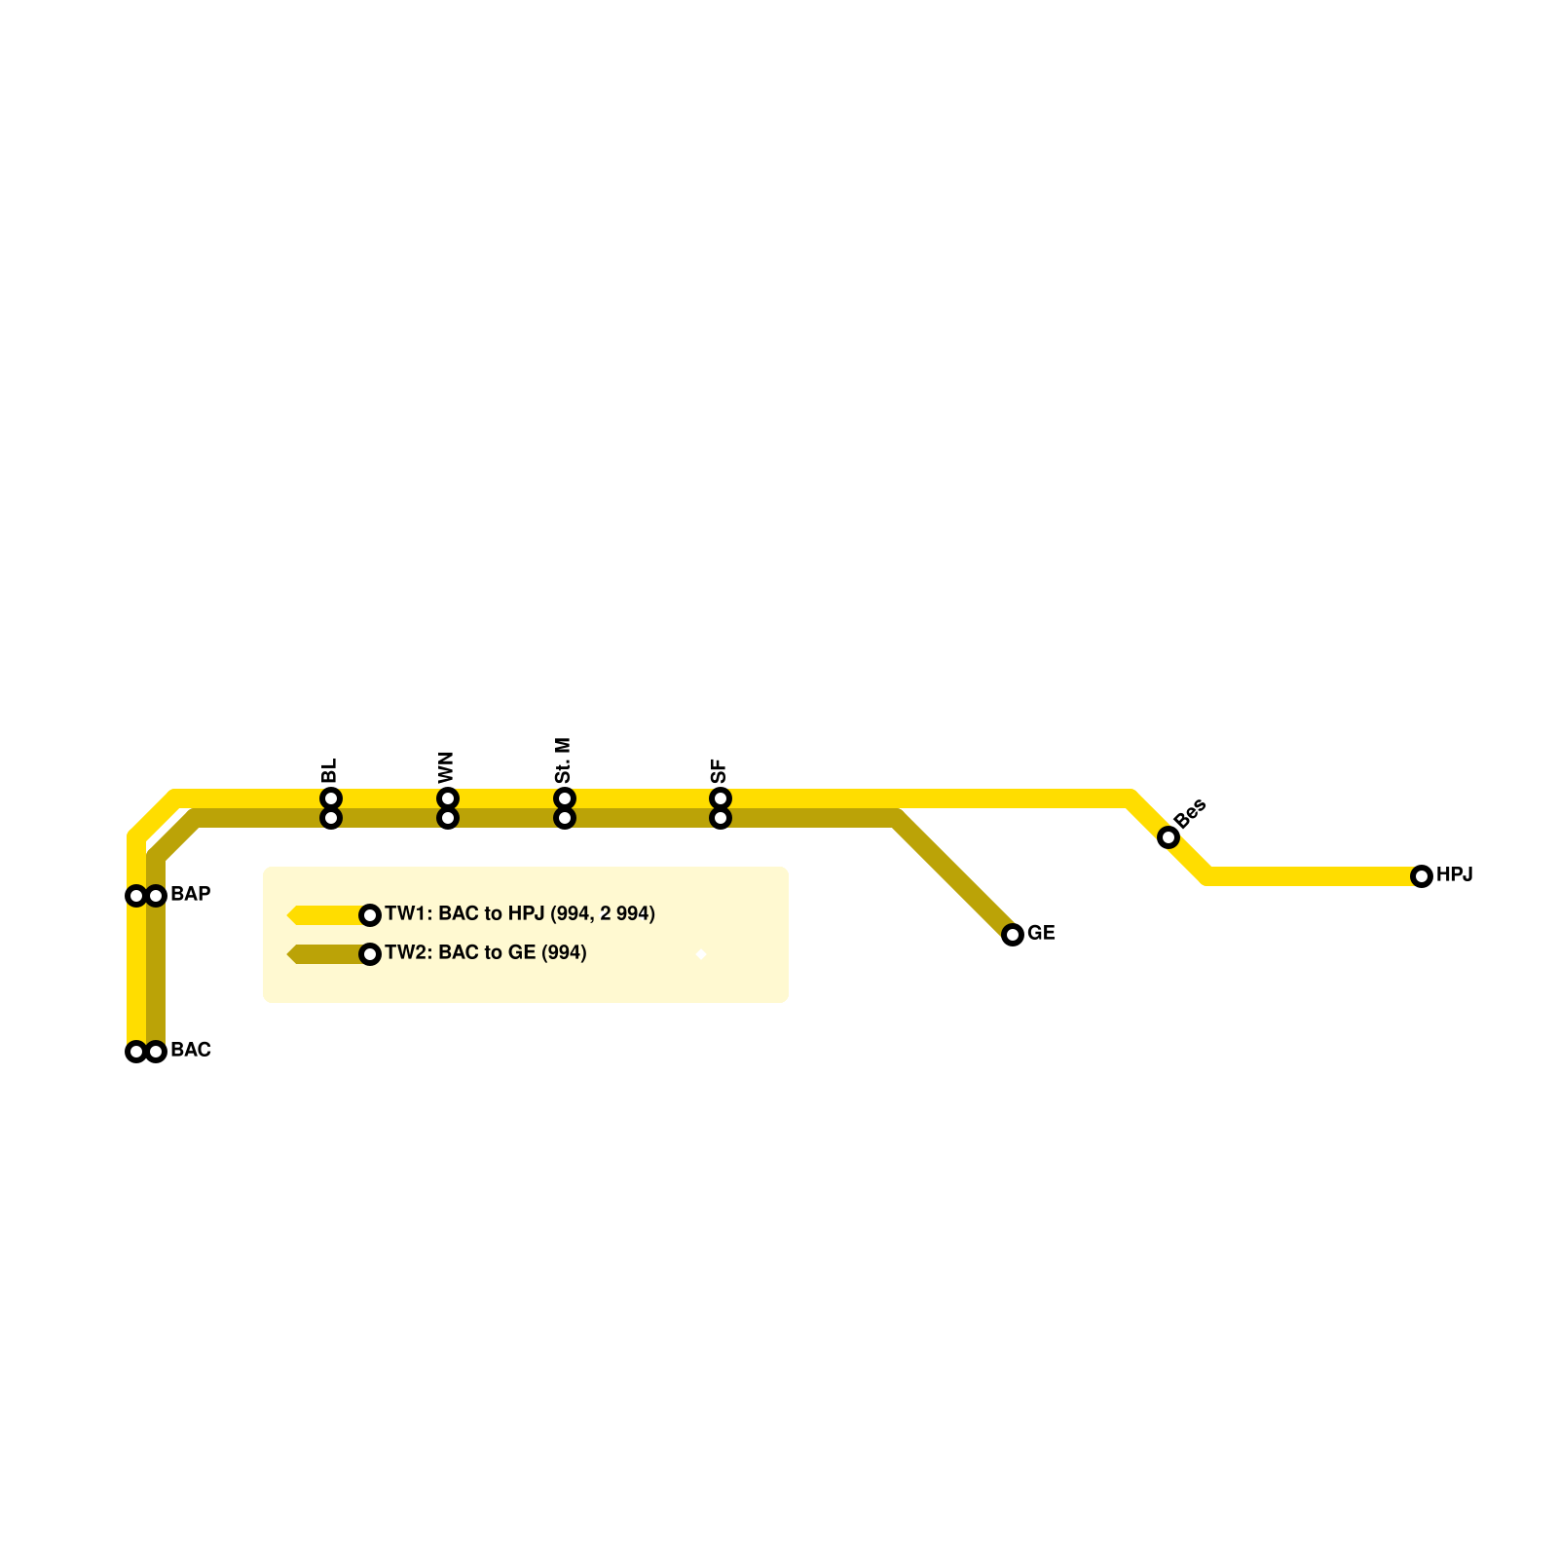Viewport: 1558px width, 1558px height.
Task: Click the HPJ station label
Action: click(x=1454, y=874)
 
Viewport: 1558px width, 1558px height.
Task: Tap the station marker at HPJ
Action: click(x=1422, y=876)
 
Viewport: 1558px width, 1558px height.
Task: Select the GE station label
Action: click(x=1041, y=933)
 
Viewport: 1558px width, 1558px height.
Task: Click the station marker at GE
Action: click(x=1013, y=935)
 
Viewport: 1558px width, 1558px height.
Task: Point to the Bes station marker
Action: click(x=1168, y=837)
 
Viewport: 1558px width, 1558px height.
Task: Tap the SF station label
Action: click(x=719, y=771)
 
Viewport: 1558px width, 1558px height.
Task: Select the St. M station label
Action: click(x=563, y=760)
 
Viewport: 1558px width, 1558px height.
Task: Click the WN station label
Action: click(x=446, y=767)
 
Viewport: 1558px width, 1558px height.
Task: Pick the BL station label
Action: click(x=329, y=771)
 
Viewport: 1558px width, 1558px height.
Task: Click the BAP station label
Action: click(x=190, y=894)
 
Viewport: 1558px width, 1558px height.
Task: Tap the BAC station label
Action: click(x=190, y=1050)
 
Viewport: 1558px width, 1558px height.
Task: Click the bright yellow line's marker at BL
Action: click(x=331, y=798)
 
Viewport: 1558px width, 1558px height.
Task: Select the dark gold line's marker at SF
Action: click(x=721, y=818)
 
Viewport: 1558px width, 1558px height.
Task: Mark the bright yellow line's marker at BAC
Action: click(x=136, y=1052)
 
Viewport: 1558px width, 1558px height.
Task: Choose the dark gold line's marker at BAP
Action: click(x=156, y=896)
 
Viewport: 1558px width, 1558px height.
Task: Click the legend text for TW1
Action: click(x=519, y=913)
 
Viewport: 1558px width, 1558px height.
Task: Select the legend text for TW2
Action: click(x=485, y=952)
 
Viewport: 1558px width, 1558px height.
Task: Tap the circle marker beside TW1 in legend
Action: click(x=370, y=915)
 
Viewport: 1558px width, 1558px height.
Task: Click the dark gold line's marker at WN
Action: click(x=448, y=818)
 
